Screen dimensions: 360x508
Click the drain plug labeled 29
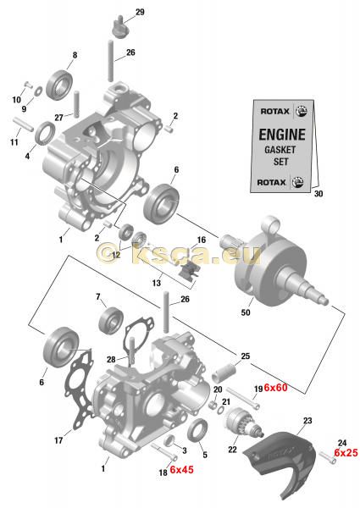coord(120,27)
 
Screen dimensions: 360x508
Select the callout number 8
coord(75,55)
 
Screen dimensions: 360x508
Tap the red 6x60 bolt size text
coord(275,387)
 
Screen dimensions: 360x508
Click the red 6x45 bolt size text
coord(181,469)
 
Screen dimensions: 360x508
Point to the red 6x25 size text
coord(346,453)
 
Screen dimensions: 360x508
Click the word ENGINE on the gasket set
coord(282,134)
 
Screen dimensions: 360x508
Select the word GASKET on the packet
coord(280,150)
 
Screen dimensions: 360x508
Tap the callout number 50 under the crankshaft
coord(246,312)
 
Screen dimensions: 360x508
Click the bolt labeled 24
coord(327,458)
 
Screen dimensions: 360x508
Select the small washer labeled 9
coord(38,91)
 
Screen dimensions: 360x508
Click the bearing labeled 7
coord(111,319)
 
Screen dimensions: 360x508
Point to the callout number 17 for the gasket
coord(58,440)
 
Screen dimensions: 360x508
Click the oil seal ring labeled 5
coord(197,430)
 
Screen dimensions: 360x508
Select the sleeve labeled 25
coord(224,372)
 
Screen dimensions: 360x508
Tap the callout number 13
coord(156,283)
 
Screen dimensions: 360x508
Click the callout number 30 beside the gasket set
coord(318,193)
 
